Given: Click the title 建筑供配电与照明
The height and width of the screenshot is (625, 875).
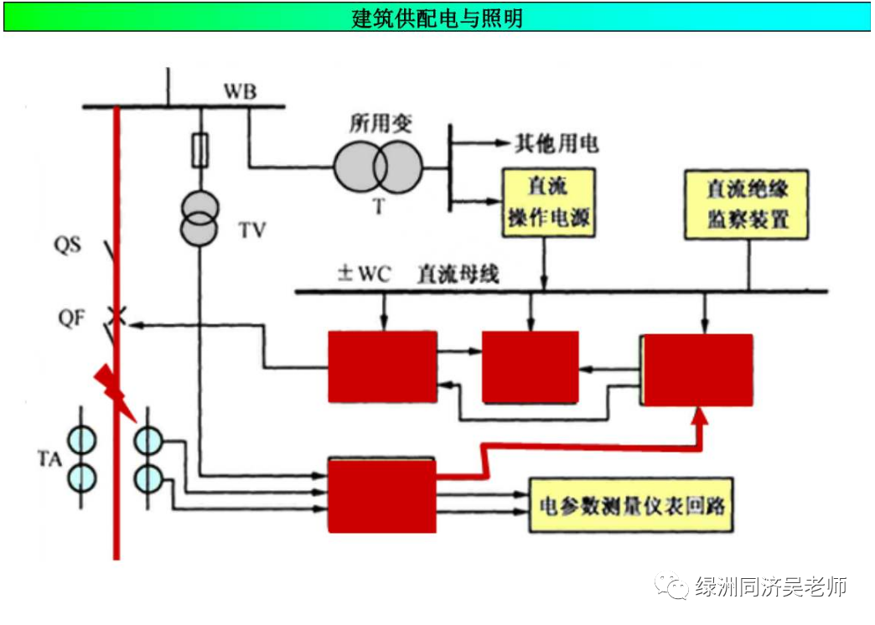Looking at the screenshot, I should [x=437, y=17].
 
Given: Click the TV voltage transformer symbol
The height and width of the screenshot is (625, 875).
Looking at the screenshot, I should [x=201, y=219].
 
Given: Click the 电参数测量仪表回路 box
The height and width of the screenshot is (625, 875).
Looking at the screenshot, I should [x=632, y=507].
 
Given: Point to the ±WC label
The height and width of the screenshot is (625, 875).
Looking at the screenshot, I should [x=364, y=274].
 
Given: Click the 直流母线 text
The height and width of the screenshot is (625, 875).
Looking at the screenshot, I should [x=457, y=274].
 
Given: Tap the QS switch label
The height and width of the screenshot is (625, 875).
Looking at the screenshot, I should [x=68, y=246].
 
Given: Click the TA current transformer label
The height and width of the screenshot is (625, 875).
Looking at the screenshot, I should [x=48, y=458].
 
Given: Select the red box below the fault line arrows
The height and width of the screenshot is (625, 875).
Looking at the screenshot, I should [x=381, y=494].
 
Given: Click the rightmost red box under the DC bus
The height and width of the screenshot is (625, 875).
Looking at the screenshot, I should [x=697, y=369].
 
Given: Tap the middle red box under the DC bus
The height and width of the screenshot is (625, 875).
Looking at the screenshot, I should [x=530, y=366].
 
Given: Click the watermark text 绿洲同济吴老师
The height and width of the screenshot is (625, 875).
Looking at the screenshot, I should [x=770, y=586].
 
